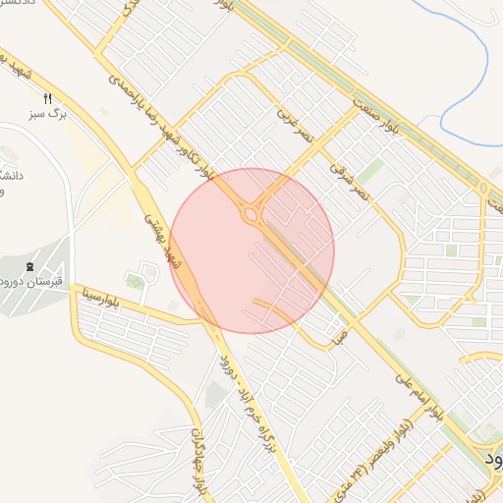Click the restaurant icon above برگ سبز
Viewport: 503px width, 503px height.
pyautogui.click(x=47, y=99)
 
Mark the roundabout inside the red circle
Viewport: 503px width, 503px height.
pyautogui.click(x=252, y=213)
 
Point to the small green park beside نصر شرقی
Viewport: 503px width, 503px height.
pyautogui.click(x=370, y=173)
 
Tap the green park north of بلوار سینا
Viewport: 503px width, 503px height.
pyautogui.click(x=136, y=283)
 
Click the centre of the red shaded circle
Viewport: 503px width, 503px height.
pyautogui.click(x=251, y=251)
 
